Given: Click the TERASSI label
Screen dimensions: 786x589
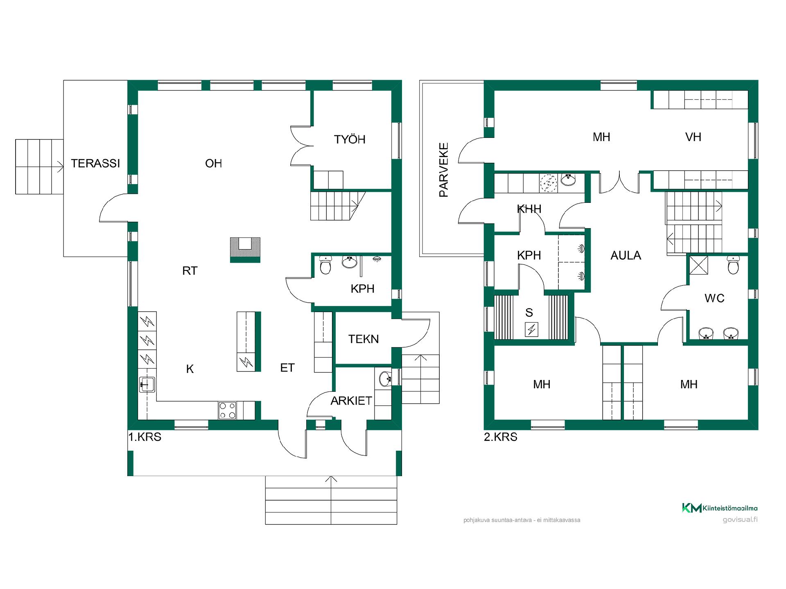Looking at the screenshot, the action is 95,164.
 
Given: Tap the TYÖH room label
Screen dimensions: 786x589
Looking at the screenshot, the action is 350,139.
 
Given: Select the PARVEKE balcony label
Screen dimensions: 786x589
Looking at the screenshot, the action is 444,170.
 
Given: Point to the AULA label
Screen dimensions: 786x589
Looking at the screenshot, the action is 626,256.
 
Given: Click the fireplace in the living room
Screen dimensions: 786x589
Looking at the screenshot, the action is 245,250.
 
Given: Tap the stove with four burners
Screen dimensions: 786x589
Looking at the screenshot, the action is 227,410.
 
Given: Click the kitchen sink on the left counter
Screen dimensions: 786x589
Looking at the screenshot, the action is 147,384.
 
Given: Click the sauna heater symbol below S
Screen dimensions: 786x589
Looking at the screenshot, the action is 531,329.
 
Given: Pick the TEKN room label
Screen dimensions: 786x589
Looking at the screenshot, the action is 364,339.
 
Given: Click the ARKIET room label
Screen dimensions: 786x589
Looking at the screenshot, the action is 351,401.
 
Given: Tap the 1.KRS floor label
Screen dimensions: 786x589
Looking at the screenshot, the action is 145,437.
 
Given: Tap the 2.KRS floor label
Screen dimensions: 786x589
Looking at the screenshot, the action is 501,437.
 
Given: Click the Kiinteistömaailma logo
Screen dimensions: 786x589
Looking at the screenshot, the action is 720,508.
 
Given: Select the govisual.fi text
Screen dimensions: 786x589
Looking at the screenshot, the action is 740,519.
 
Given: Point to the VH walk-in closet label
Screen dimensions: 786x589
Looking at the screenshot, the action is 693,137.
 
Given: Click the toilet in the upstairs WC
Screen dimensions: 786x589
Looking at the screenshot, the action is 734,265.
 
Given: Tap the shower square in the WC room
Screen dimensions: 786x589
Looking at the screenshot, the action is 699,264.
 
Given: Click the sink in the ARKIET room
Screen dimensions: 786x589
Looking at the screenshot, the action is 385,379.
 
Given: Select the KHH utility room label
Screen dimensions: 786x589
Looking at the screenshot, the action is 529,209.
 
